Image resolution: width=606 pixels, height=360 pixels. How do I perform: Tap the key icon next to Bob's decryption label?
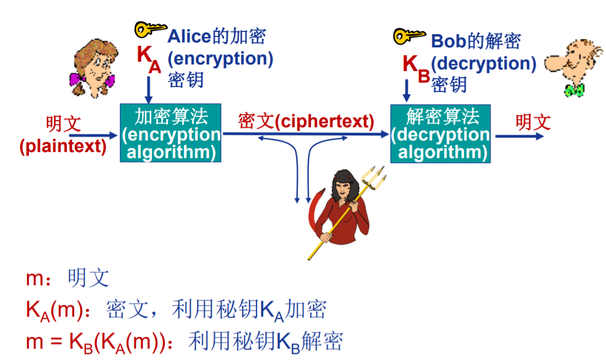pyautogui.click(x=409, y=36)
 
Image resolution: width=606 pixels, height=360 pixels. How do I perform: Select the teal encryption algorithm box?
pyautogui.click(x=171, y=133)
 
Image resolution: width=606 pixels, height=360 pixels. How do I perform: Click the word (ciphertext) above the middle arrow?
pyautogui.click(x=324, y=122)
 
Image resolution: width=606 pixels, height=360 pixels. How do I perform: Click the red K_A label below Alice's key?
pyautogui.click(x=148, y=58)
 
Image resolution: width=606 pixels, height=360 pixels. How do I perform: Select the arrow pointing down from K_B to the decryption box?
pyautogui.click(x=407, y=90)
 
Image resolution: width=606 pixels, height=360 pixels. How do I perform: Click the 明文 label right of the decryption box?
pyautogui.click(x=533, y=122)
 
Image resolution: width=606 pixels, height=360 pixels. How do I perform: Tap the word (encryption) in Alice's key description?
pyautogui.click(x=220, y=58)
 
